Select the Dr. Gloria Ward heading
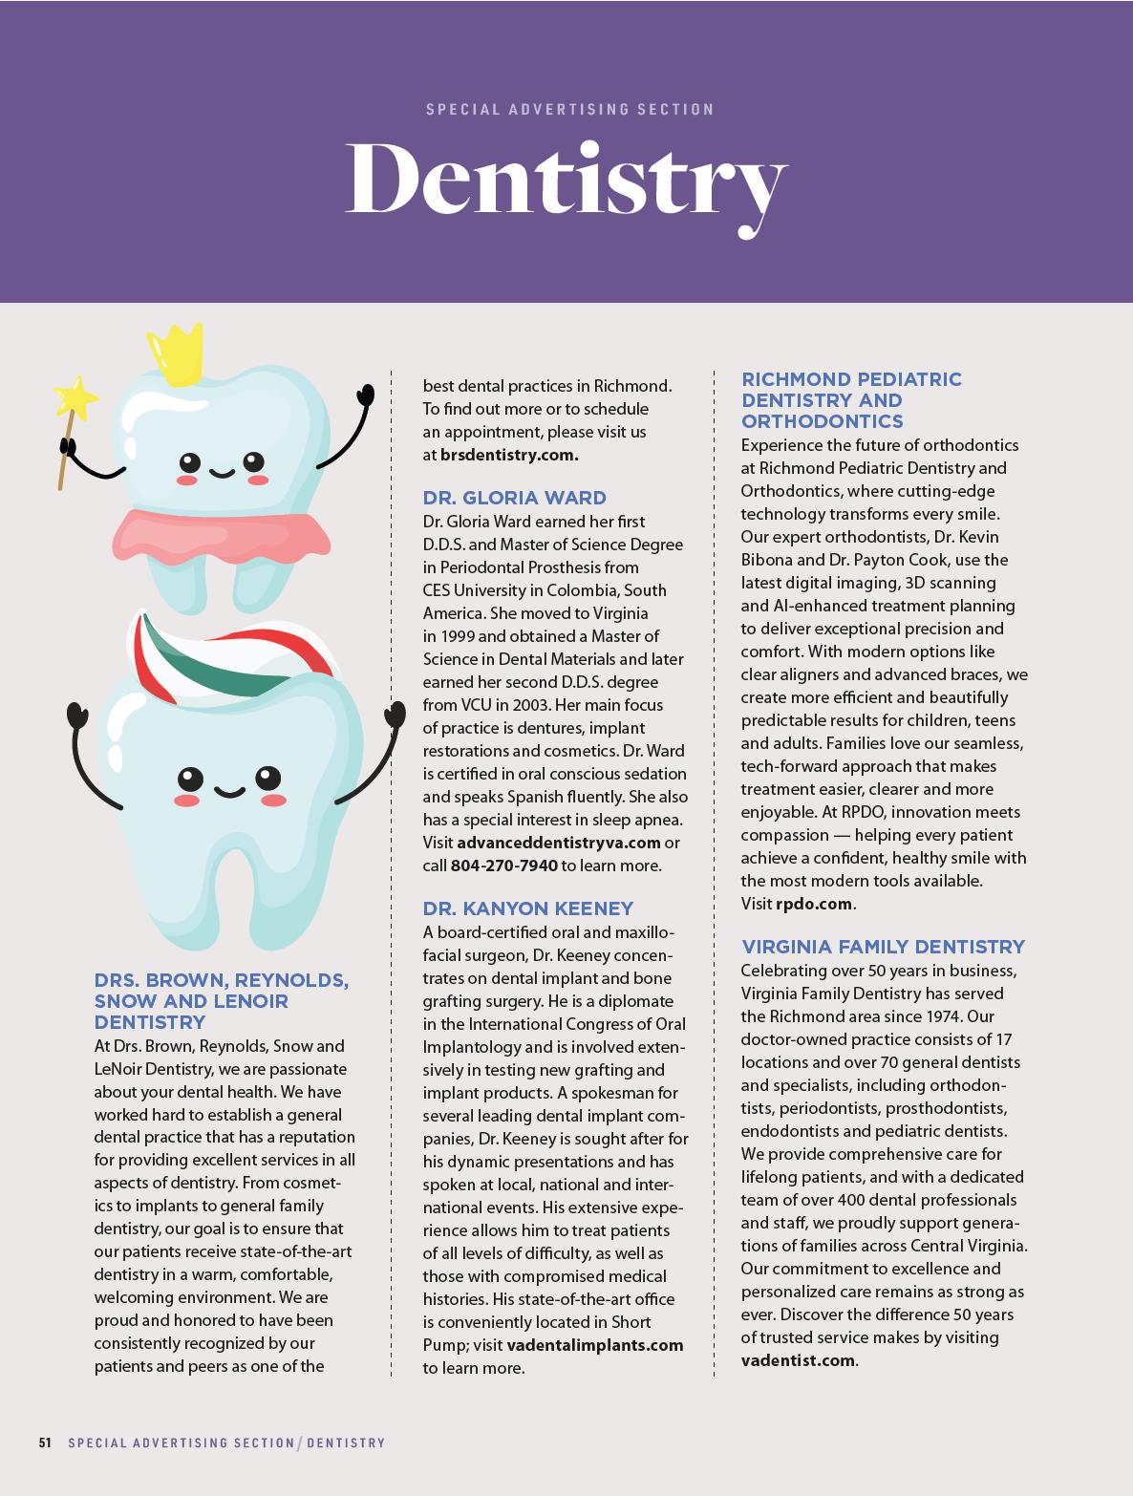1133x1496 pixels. tap(514, 498)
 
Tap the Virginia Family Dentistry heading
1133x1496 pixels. tap(883, 947)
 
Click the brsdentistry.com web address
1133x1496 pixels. tap(509, 455)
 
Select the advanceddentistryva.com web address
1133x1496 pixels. tap(559, 843)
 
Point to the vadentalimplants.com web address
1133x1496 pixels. tap(595, 1345)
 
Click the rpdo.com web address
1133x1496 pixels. tap(814, 904)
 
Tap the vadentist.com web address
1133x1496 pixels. tap(798, 1360)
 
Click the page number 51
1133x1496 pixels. tap(45, 1443)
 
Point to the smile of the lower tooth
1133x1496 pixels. tap(229, 791)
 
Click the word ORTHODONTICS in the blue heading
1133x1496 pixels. tap(823, 421)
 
